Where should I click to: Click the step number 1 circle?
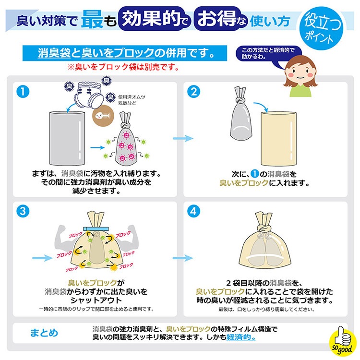22,91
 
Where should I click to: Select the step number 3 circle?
22,211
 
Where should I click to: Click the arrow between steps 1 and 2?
182,138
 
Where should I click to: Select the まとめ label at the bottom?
44,333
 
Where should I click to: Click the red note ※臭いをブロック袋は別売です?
123,68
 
